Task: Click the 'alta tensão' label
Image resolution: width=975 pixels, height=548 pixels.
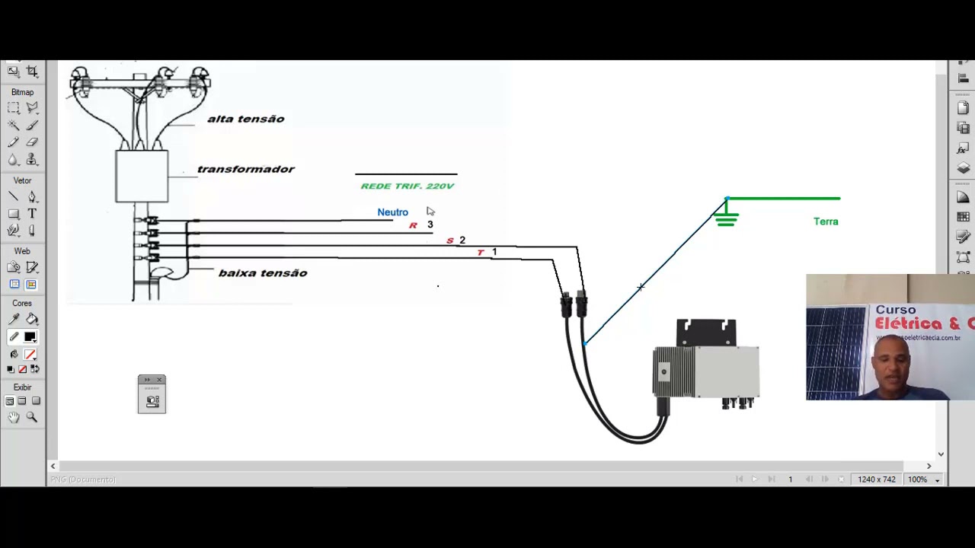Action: (x=245, y=119)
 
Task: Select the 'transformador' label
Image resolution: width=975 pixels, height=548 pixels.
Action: (x=245, y=169)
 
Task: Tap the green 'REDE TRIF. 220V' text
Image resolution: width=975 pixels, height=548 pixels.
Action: (x=407, y=186)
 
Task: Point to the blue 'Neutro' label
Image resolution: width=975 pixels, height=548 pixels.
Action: (x=392, y=212)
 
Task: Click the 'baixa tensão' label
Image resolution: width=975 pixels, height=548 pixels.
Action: (x=263, y=273)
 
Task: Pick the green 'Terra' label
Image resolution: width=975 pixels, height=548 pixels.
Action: (x=826, y=221)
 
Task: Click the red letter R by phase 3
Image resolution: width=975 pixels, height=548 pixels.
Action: (x=413, y=225)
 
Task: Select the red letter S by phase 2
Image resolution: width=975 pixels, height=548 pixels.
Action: (x=449, y=241)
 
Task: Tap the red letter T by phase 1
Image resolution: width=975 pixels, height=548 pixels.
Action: (x=481, y=253)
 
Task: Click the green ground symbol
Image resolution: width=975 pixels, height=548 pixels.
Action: (x=726, y=218)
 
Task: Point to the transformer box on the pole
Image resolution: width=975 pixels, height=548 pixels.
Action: (x=142, y=177)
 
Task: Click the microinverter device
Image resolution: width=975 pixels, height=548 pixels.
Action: (x=706, y=365)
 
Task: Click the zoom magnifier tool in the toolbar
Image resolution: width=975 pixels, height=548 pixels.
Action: (x=32, y=417)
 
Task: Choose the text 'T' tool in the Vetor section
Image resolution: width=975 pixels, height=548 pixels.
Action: (x=32, y=214)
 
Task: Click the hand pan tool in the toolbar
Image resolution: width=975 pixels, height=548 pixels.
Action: (x=14, y=417)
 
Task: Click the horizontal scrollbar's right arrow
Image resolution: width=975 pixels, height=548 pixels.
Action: (x=929, y=466)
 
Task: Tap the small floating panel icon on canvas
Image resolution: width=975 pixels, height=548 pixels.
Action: (x=152, y=394)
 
